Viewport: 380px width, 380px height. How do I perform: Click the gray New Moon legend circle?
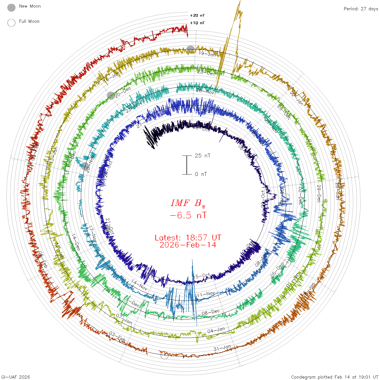pyautogui.click(x=11, y=8)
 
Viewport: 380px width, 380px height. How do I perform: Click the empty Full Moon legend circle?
pyautogui.click(x=11, y=23)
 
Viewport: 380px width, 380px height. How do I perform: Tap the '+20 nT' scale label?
pyautogui.click(x=197, y=15)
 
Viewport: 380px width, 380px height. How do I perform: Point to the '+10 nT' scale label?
pyautogui.click(x=197, y=23)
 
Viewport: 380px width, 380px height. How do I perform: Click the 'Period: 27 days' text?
pyautogui.click(x=361, y=9)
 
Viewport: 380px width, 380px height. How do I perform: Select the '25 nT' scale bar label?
pyautogui.click(x=202, y=156)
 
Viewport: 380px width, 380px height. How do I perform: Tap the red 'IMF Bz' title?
pyautogui.click(x=188, y=203)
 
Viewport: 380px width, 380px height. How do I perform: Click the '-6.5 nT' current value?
pyautogui.click(x=188, y=216)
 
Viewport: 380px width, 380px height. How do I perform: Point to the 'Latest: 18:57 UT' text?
pyautogui.click(x=188, y=238)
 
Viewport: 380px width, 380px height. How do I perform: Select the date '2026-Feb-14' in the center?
pyautogui.click(x=188, y=245)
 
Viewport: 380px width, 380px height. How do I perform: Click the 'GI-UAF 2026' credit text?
pyautogui.click(x=16, y=377)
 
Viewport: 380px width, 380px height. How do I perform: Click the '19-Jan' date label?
pyautogui.click(x=207, y=54)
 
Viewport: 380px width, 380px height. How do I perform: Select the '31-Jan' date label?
pyautogui.click(x=222, y=348)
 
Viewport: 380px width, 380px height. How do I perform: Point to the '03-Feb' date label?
pyautogui.click(x=118, y=337)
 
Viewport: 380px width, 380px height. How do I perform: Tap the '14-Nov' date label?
pyautogui.click(x=140, y=284)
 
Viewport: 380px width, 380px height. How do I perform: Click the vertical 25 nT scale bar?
pyautogui.click(x=187, y=165)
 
